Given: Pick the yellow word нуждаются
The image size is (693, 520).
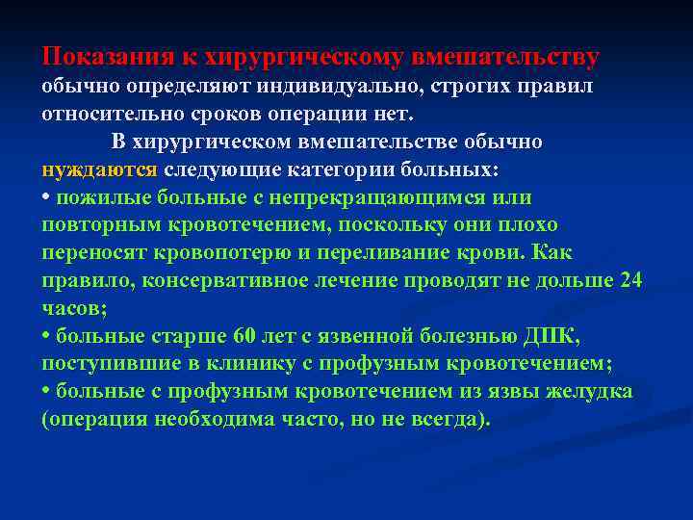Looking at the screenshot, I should point(99,170).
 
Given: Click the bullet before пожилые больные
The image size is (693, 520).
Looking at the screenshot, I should point(46,198).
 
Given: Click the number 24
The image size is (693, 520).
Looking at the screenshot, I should point(630,281).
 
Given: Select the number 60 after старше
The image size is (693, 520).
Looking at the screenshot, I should point(244,337).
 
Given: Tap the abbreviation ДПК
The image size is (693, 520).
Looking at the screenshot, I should point(549,337).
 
